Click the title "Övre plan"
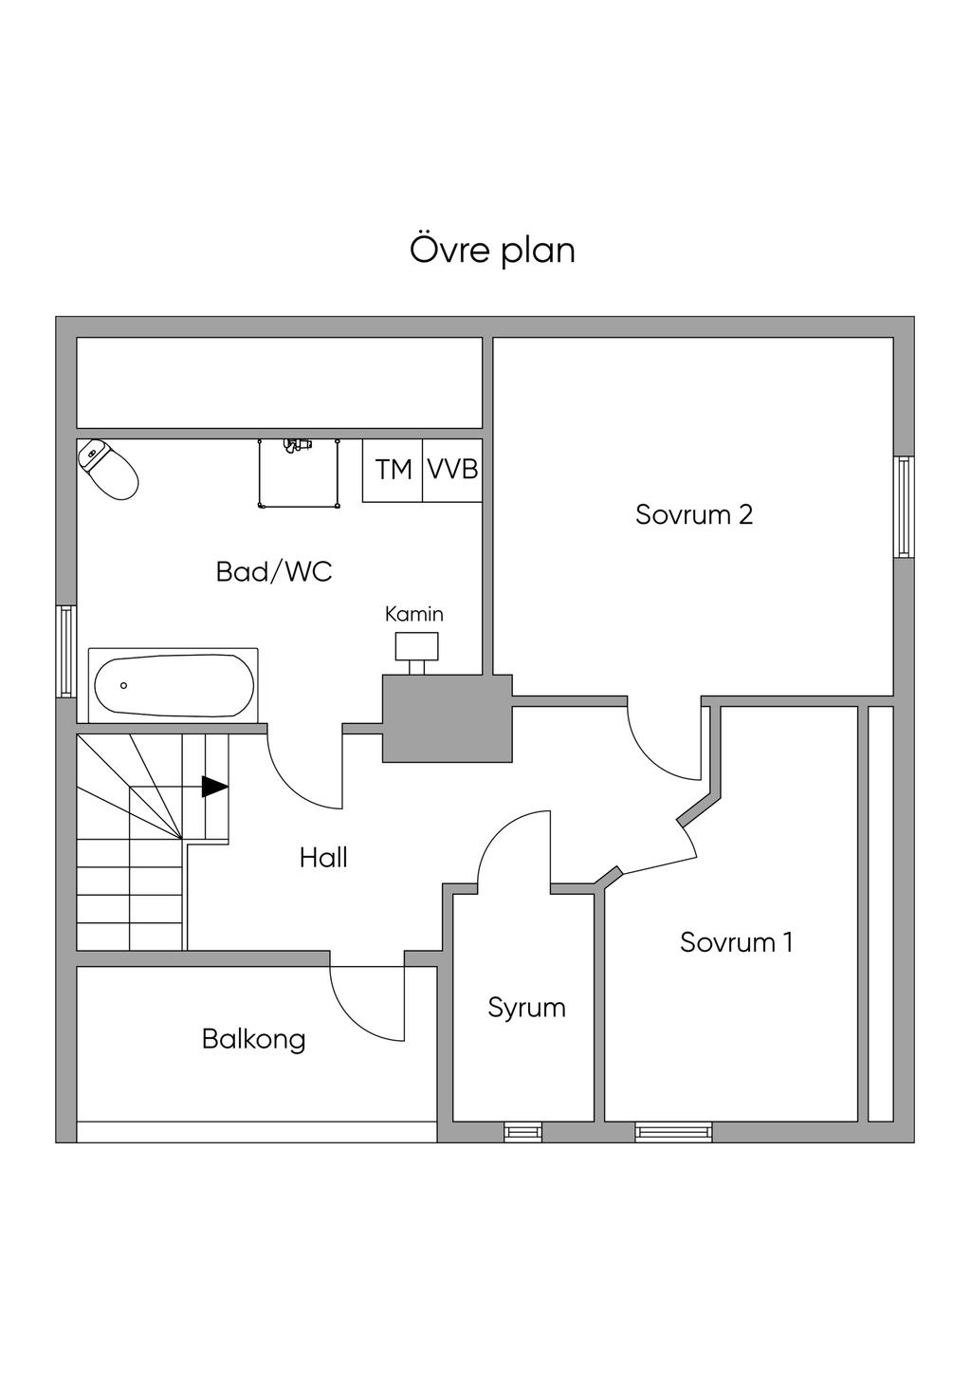click(x=492, y=251)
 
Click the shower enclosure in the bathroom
click(x=298, y=473)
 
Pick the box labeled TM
click(x=393, y=470)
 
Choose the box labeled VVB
click(x=452, y=470)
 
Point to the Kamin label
click(x=413, y=614)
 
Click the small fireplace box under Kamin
click(x=416, y=646)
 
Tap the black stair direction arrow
click(x=215, y=787)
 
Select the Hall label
click(x=323, y=858)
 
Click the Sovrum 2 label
click(x=694, y=514)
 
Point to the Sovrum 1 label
click(x=736, y=942)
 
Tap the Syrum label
click(x=526, y=1007)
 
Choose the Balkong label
click(x=253, y=1039)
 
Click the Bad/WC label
click(x=274, y=572)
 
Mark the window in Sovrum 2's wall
click(x=904, y=507)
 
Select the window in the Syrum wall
click(x=522, y=1131)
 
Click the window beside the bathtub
click(x=65, y=651)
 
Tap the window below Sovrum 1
click(x=673, y=1131)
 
